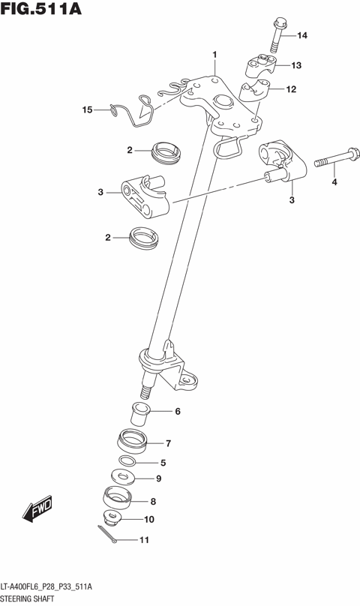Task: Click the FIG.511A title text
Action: click(x=41, y=10)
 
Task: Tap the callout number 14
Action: click(x=301, y=36)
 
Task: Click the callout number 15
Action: click(x=87, y=110)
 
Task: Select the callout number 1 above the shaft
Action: click(x=214, y=55)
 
